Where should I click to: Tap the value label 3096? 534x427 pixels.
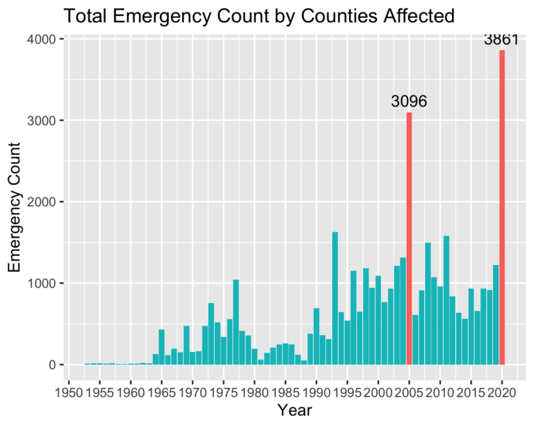(409, 102)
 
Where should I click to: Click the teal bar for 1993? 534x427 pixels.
(334, 298)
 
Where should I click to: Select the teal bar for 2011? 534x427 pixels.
(446, 300)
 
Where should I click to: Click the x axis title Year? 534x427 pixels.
(293, 410)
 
